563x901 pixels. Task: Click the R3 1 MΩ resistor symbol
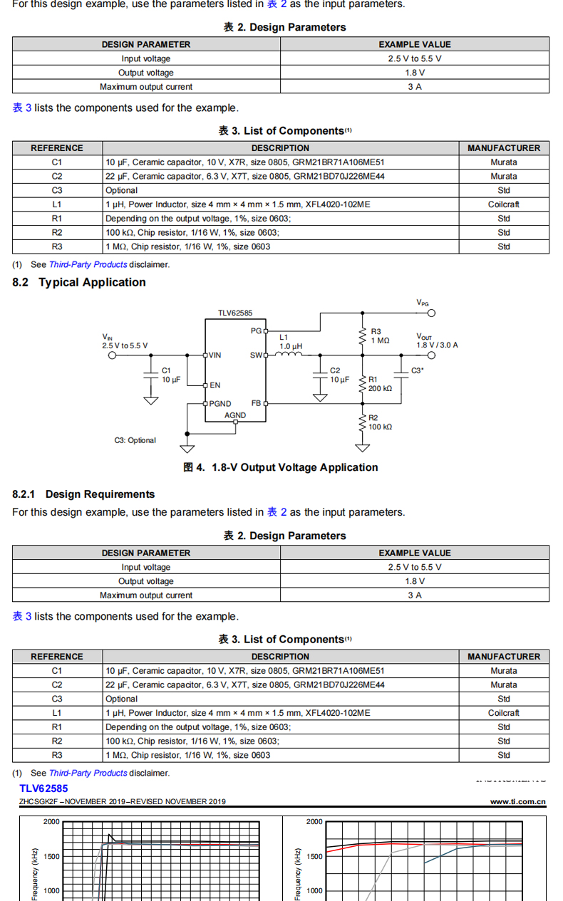(363, 336)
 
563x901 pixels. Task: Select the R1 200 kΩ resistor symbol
(363, 385)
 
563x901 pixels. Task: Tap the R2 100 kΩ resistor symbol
(363, 422)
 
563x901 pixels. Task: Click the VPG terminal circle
(431, 313)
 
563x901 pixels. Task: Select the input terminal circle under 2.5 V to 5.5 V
(112, 355)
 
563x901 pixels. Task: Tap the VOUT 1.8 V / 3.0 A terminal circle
(431, 355)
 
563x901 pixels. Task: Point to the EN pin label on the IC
(215, 385)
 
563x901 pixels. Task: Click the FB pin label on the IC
(256, 403)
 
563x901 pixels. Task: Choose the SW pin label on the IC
(256, 355)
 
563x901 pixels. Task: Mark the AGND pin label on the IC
(235, 415)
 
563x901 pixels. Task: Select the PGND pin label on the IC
(220, 404)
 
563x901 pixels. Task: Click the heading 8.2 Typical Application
(79, 282)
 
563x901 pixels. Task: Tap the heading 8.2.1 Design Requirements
(83, 494)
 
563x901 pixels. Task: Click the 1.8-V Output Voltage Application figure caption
(281, 468)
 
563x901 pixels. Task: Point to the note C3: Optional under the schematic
(135, 440)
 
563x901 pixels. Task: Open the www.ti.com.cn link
(517, 801)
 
